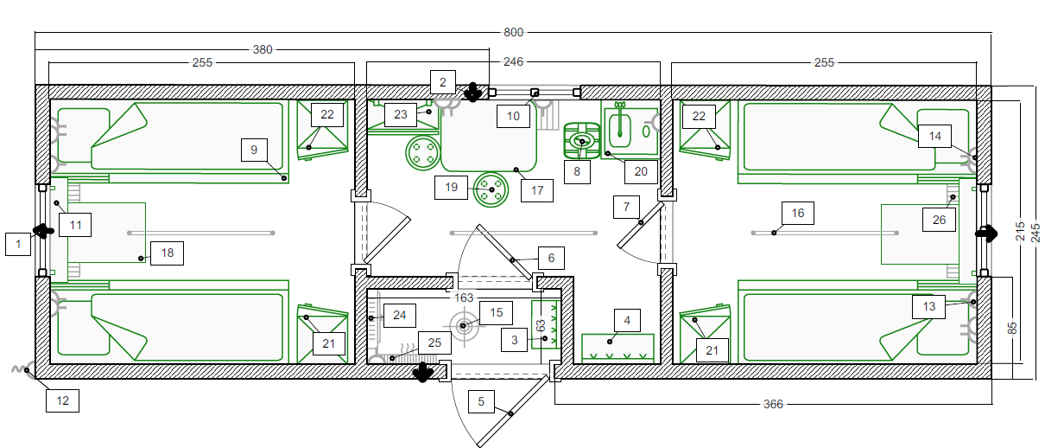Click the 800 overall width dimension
click(x=513, y=32)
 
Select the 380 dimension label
click(x=263, y=49)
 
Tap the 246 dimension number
click(x=513, y=61)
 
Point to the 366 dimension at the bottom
click(x=773, y=404)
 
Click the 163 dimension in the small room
click(x=464, y=298)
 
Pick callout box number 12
click(x=62, y=400)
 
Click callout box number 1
click(x=18, y=244)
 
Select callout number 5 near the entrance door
click(x=481, y=401)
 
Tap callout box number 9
click(x=254, y=150)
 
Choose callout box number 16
click(x=798, y=213)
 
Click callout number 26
click(x=939, y=220)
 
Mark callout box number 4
click(x=627, y=321)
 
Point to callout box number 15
click(x=496, y=312)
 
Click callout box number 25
click(x=434, y=342)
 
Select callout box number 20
click(x=641, y=172)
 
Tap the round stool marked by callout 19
click(x=491, y=189)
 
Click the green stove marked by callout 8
click(x=582, y=141)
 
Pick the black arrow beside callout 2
click(x=472, y=92)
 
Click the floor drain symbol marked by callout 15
click(x=464, y=326)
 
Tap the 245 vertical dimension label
click(x=1035, y=233)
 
